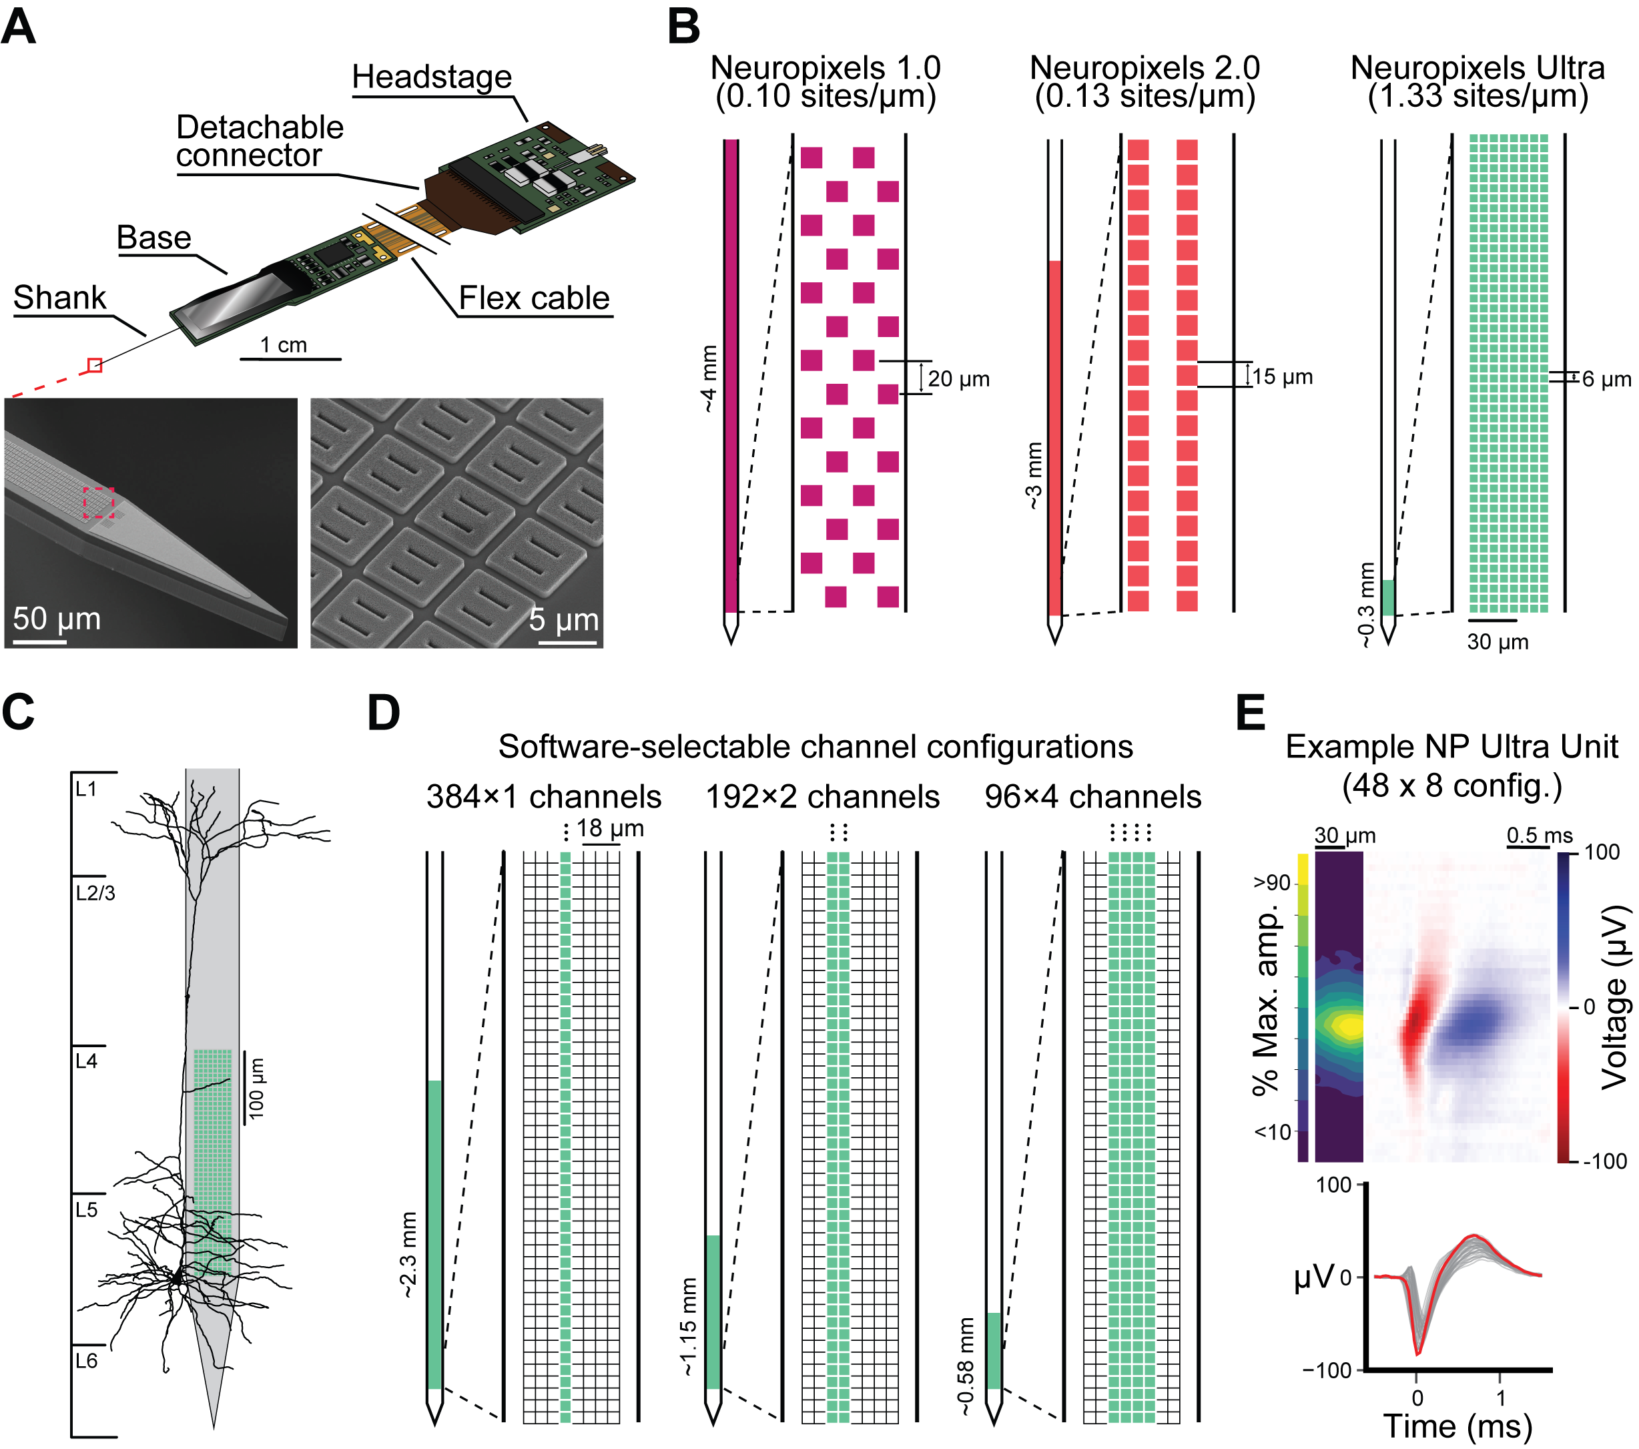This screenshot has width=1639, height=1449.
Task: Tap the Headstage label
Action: point(431,77)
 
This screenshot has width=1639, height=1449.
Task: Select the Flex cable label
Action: point(534,298)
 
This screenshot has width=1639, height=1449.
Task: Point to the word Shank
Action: point(59,298)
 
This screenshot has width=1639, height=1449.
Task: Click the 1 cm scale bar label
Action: point(283,345)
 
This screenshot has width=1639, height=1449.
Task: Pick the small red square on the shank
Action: point(95,366)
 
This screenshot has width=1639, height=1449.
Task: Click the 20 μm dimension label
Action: point(959,379)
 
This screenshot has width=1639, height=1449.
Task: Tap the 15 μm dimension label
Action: point(1283,377)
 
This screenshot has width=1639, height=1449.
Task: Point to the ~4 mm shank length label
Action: point(709,379)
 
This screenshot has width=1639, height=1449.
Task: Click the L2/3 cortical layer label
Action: point(95,893)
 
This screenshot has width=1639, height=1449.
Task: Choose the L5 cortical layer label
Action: point(86,1209)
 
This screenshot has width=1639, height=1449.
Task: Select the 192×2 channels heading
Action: point(822,797)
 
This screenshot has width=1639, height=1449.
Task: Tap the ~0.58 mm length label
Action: point(966,1366)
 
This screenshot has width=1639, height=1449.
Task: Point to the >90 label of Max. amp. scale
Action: point(1272,883)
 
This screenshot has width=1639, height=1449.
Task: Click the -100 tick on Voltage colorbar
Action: point(1604,1161)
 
